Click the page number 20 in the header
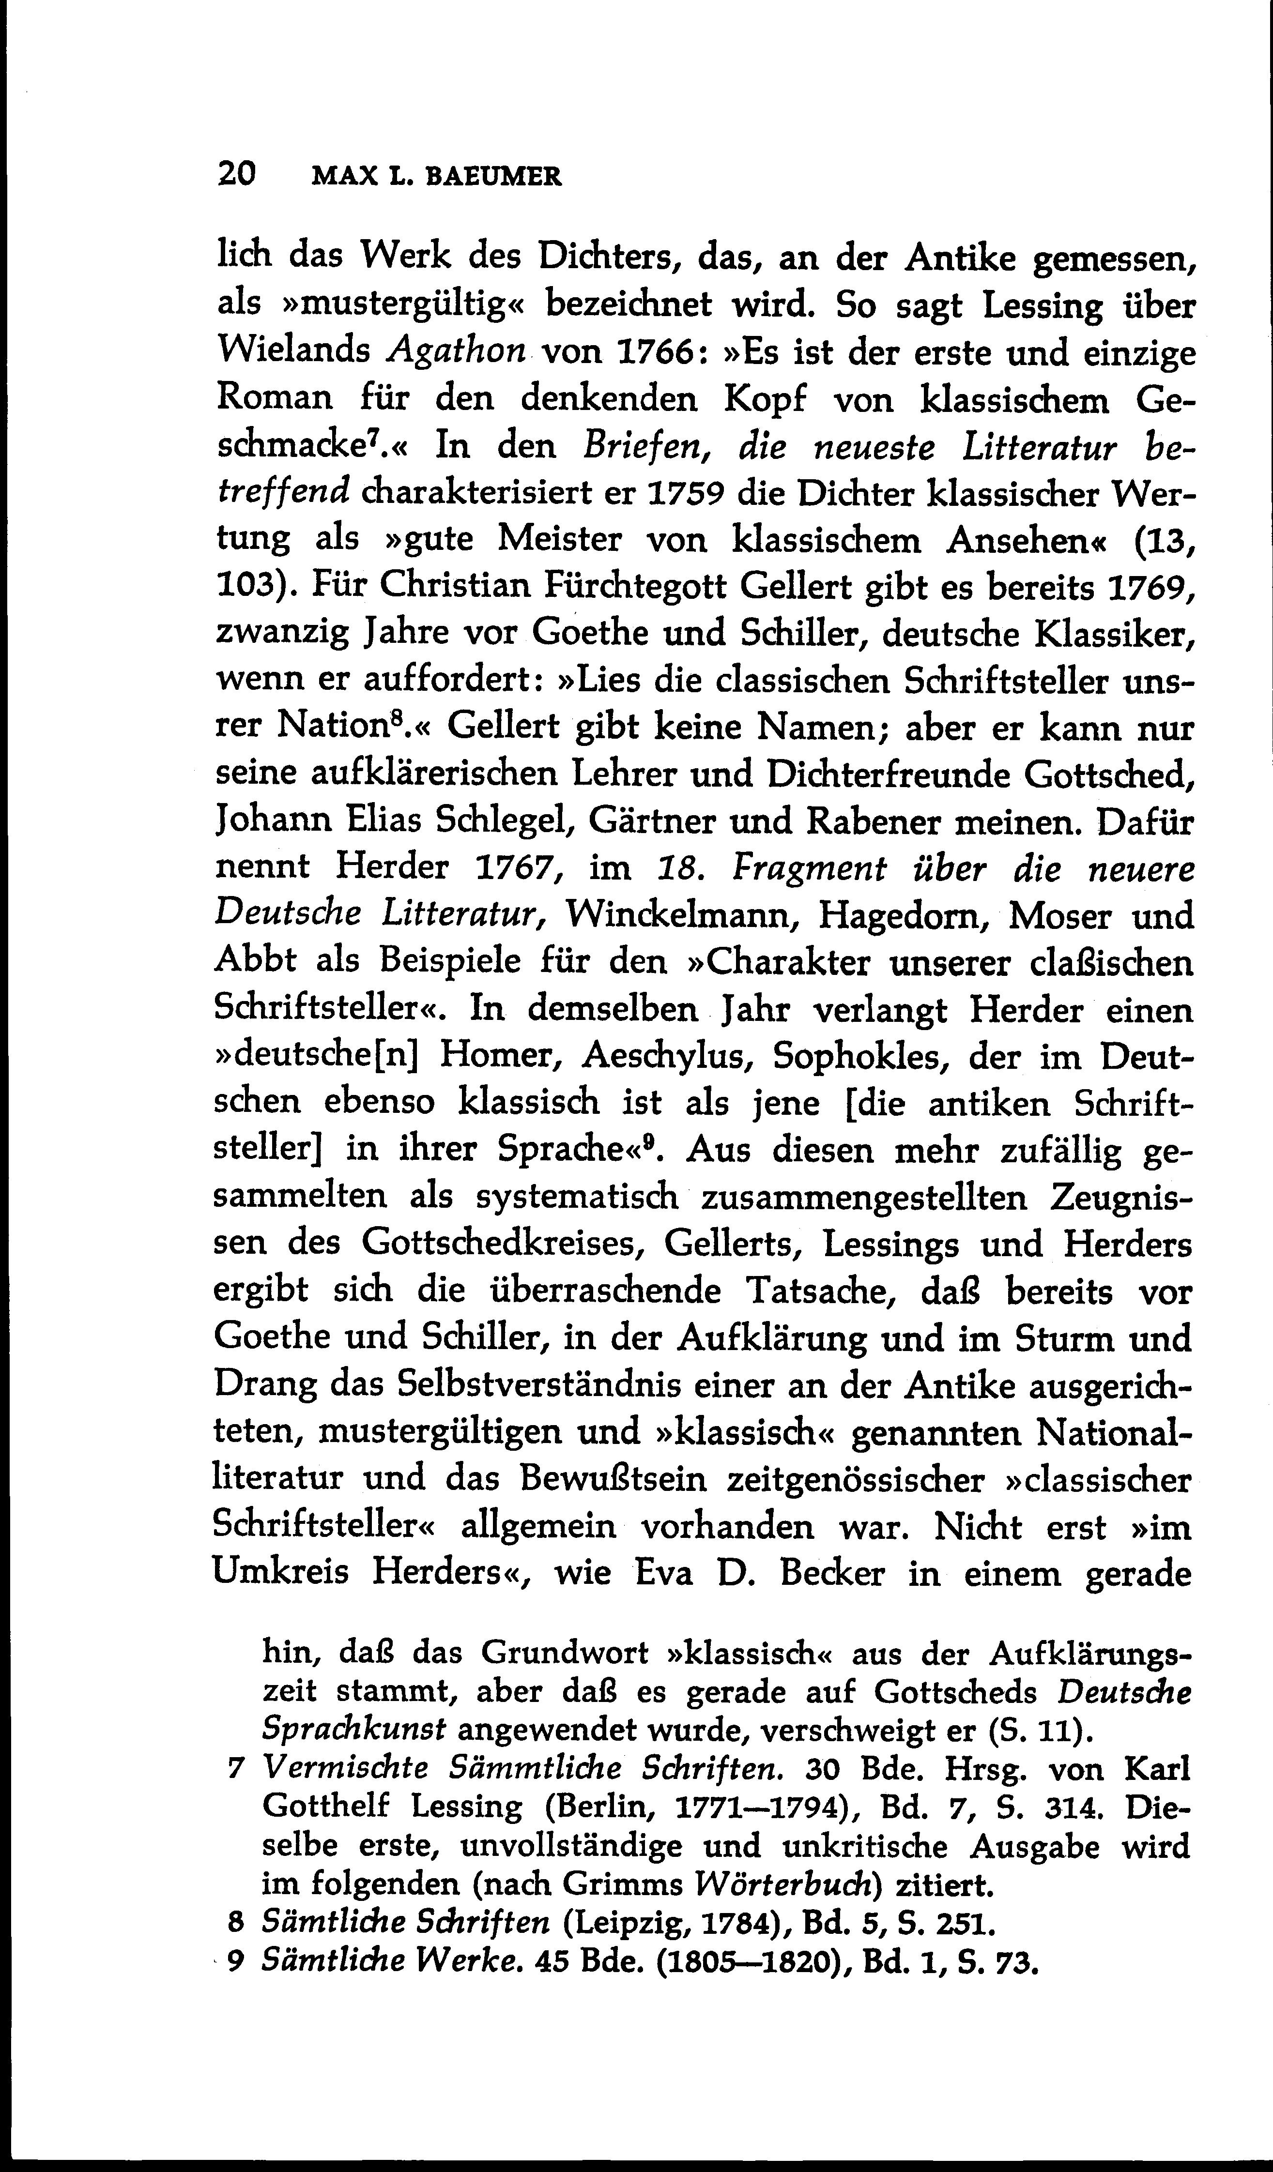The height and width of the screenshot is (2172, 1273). pos(236,175)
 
